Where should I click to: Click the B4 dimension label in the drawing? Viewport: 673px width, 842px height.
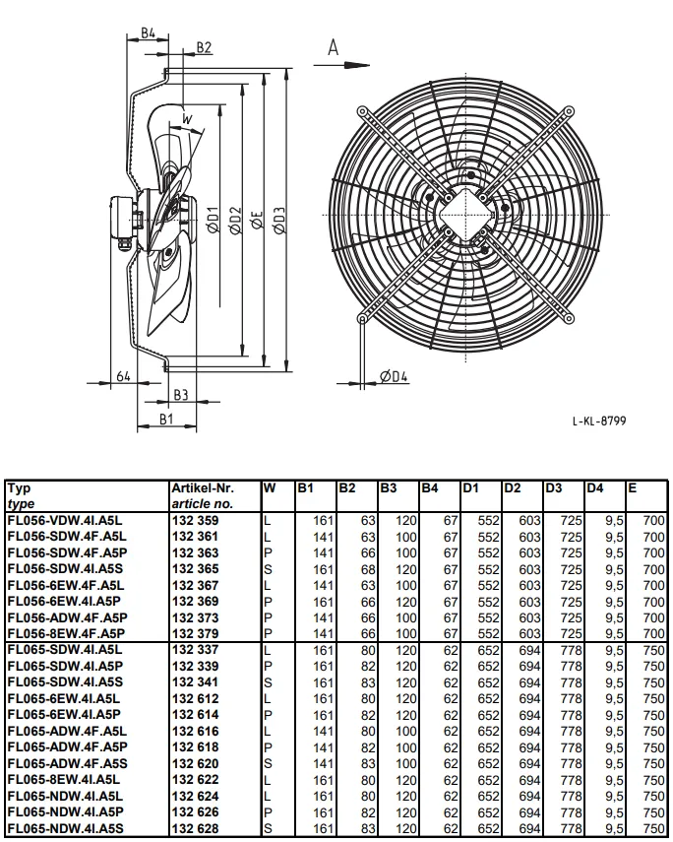click(x=149, y=32)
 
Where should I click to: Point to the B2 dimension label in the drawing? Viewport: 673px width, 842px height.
click(x=204, y=47)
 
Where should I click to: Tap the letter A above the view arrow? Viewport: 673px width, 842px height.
click(x=334, y=47)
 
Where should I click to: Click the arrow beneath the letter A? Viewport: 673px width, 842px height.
click(x=341, y=66)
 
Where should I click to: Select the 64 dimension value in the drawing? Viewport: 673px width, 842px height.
click(x=123, y=376)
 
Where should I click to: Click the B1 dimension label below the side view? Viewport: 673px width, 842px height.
click(x=166, y=419)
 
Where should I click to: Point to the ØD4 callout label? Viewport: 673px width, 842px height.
click(x=394, y=376)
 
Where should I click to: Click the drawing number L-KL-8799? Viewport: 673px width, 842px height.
click(x=599, y=421)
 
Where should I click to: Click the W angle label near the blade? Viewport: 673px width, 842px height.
click(x=187, y=119)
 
